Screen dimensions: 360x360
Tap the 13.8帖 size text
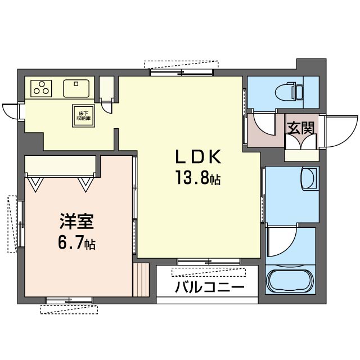[x=196, y=179]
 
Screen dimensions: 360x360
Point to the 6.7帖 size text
[x=76, y=244]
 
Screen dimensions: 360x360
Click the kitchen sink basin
[x=76, y=88]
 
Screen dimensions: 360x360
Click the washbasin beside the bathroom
[x=308, y=179]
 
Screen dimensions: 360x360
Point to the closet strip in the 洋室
[x=61, y=165]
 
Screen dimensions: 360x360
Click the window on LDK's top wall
[x=182, y=70]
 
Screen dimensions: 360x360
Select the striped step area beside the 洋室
[x=141, y=280]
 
